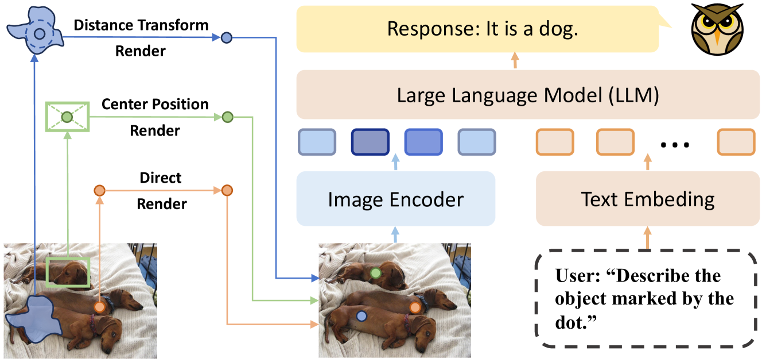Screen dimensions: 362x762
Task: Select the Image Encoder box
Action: (395, 199)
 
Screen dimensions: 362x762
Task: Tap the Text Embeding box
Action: (648, 199)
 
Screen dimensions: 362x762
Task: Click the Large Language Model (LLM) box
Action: (527, 95)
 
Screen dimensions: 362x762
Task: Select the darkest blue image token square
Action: (370, 142)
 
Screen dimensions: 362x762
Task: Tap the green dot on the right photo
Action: (376, 273)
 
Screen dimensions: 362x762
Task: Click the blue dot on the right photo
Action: (361, 315)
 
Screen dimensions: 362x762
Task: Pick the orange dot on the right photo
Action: (415, 307)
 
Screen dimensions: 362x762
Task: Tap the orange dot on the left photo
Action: (100, 307)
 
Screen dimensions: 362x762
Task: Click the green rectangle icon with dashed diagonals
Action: (67, 117)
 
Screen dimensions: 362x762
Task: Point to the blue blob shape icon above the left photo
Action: (35, 32)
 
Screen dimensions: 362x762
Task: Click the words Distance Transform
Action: (141, 25)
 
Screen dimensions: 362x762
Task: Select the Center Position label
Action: (155, 105)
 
